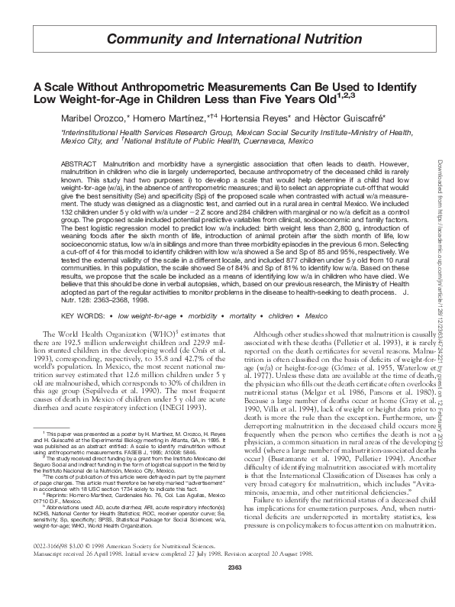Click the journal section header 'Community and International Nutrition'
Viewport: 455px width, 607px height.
(227, 38)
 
